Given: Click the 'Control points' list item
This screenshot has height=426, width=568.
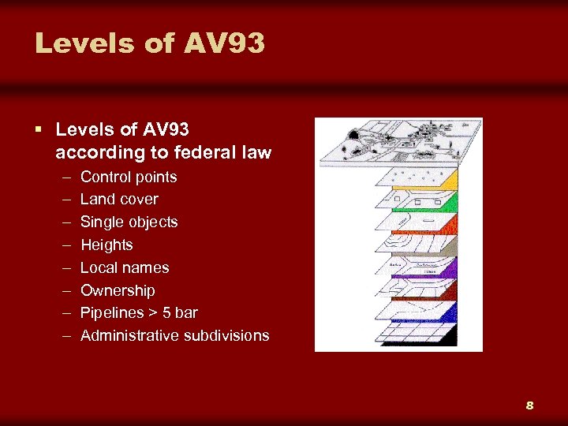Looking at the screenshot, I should point(129,177).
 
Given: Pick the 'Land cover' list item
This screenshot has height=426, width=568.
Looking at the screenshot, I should point(119,200).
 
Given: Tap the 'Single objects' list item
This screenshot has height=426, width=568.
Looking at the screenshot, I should point(129,222).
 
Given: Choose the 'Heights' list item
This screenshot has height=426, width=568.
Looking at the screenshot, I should point(106,245).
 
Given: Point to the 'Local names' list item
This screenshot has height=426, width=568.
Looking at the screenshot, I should point(125,267).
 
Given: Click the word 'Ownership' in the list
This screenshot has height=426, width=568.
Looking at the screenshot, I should point(118,290).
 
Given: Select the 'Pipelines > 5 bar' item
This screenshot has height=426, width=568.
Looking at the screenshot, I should point(139,313).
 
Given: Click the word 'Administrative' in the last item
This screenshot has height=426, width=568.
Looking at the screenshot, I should point(130,336).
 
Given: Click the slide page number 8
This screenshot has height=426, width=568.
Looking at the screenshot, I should point(529,405).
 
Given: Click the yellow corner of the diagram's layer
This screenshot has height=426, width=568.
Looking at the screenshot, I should point(450,181).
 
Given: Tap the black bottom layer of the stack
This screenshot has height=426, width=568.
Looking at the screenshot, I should point(426,338).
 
